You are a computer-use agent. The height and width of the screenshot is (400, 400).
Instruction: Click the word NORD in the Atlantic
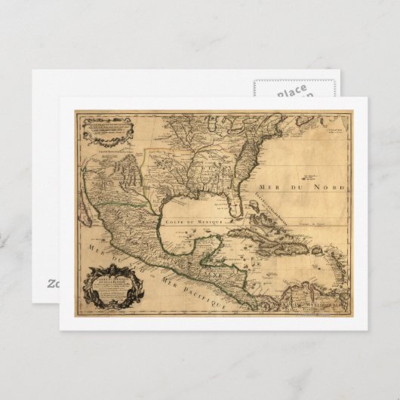[334, 186]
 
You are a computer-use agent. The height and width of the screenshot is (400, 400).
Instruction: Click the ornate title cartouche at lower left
[111, 285]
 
